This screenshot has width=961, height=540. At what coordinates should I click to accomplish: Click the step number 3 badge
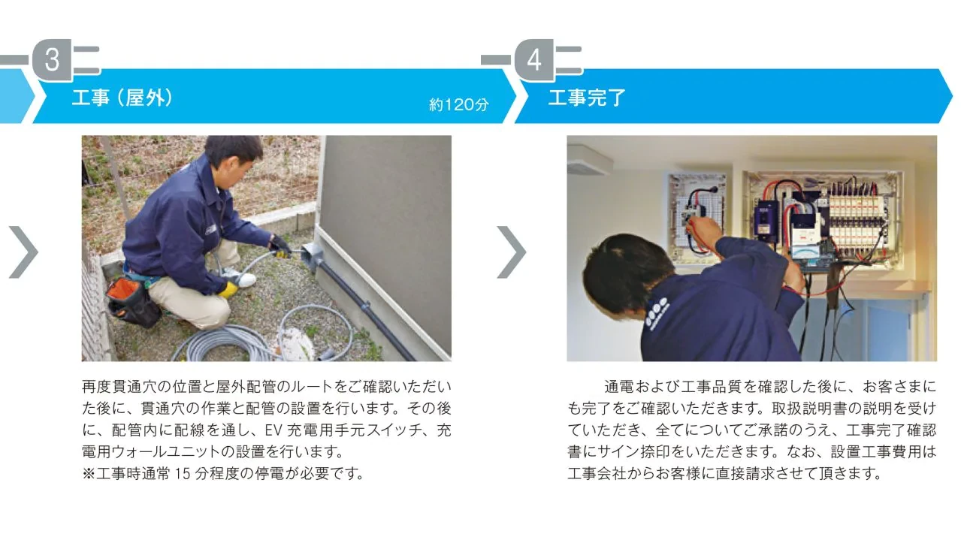coord(52,60)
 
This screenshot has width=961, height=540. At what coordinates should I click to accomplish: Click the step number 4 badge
coord(533,60)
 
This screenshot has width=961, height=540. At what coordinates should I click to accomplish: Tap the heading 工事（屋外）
coord(122,98)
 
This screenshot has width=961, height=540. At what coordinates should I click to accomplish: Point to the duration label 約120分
coord(458,105)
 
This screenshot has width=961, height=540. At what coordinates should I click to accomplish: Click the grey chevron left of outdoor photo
coord(23,251)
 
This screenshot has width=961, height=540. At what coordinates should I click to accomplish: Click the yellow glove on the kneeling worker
coord(228,289)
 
